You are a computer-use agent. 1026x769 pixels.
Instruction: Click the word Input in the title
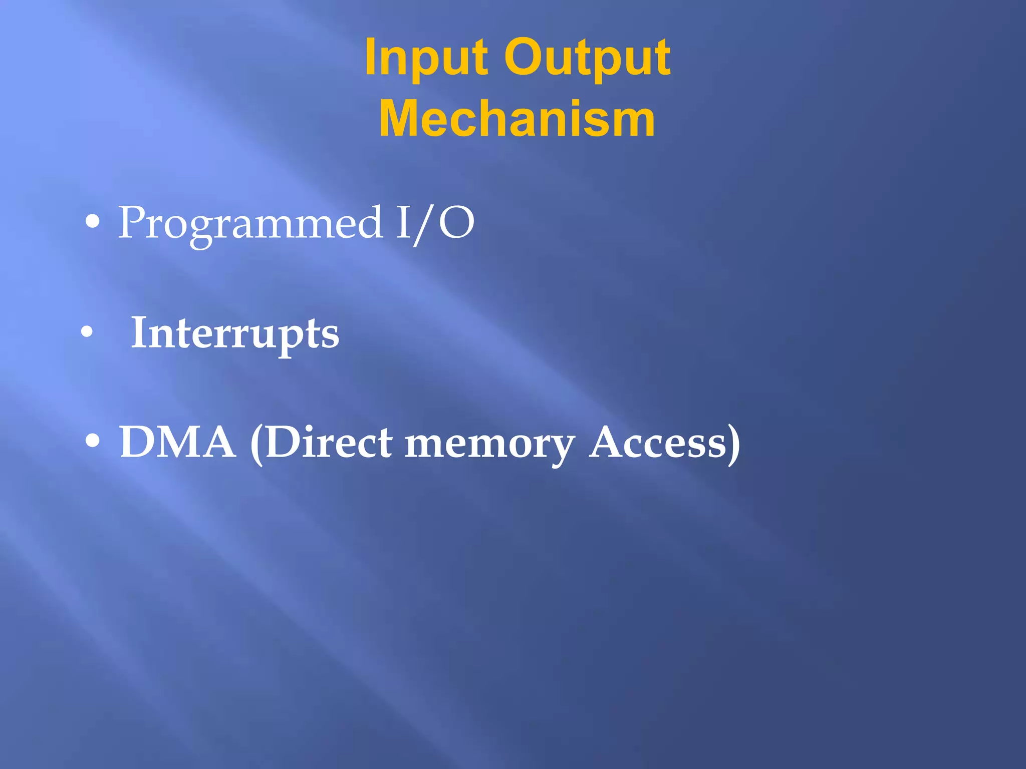(426, 59)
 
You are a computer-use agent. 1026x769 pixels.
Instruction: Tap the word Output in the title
(587, 59)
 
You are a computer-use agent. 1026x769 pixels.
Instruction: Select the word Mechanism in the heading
(517, 119)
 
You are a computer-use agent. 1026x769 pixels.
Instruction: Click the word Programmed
(250, 223)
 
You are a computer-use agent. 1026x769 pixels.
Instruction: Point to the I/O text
(435, 223)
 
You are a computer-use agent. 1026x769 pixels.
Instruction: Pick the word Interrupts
(234, 333)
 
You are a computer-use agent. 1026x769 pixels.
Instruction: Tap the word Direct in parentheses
(329, 443)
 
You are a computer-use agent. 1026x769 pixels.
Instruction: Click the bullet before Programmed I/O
(92, 222)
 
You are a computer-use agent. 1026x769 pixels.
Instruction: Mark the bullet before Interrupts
(87, 332)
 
